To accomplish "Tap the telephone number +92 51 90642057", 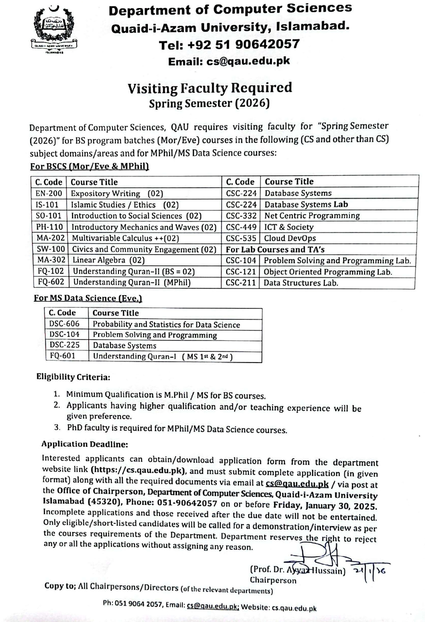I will coord(229,44).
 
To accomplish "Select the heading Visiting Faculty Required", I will coord(210,88).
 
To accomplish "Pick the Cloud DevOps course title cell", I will coord(290,239).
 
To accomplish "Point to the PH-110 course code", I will coord(49,227).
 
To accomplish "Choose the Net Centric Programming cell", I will coord(312,216).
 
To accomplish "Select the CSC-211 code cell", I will coord(241,283).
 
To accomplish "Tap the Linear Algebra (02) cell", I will coord(108,260).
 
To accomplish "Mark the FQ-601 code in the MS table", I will coord(62,356).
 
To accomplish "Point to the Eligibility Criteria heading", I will coord(73,377).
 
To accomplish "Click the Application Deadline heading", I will coord(85,444).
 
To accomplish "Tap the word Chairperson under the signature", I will coord(273,581).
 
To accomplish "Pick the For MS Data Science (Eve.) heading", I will coord(88,299).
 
